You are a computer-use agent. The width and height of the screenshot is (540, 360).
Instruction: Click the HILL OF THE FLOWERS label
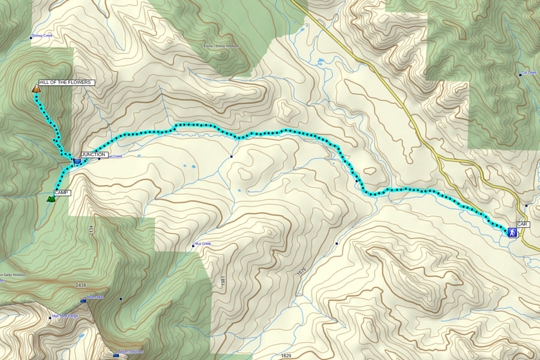[65, 82]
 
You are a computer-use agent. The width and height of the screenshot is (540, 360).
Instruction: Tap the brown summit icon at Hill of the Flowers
[37, 89]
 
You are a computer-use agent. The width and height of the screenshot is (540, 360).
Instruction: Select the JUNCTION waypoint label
[94, 155]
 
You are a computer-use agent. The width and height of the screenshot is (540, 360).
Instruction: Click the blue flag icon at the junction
[77, 161]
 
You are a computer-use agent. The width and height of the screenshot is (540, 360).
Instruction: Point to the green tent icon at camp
[51, 198]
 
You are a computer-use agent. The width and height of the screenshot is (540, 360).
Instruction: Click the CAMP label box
[62, 193]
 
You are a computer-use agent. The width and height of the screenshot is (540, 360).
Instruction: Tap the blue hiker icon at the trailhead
[512, 232]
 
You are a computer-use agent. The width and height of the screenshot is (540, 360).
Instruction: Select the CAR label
[522, 224]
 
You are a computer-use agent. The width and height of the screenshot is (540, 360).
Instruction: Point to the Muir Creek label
[203, 244]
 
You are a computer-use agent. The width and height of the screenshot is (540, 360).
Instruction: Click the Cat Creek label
[529, 73]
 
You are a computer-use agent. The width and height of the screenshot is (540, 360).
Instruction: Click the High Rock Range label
[65, 316]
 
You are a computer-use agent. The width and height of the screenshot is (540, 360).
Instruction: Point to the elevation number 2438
[81, 285]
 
